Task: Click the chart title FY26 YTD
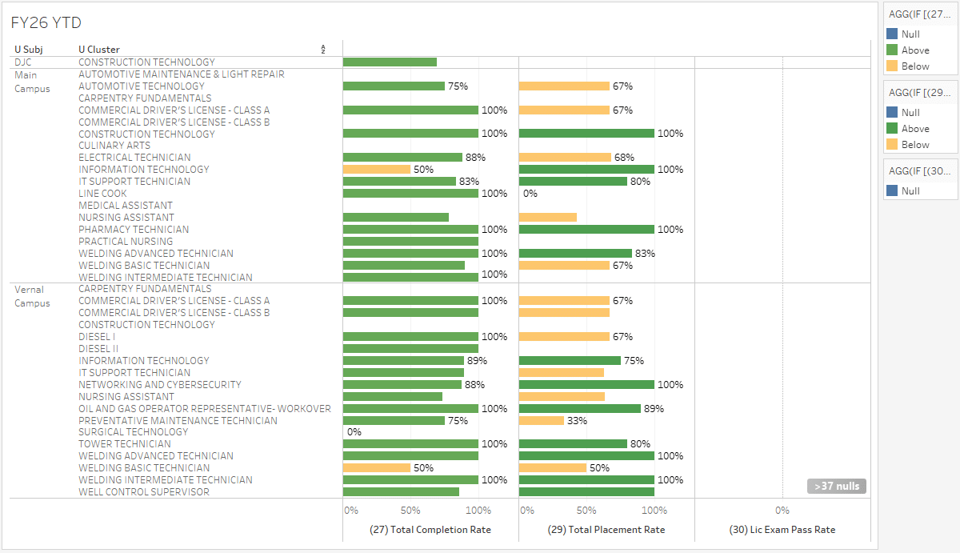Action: coord(46,23)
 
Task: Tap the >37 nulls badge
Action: coord(836,486)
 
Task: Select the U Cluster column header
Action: coord(99,50)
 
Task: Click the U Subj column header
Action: coord(28,50)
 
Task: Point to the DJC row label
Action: coord(23,62)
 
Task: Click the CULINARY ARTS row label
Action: coord(114,146)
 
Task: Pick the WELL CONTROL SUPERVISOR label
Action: coord(144,492)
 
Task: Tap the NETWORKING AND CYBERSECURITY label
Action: coord(160,385)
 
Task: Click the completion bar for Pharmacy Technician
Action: coord(410,230)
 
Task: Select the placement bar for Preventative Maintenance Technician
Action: coord(542,421)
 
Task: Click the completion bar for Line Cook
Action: coord(410,194)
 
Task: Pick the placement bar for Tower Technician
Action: coord(573,444)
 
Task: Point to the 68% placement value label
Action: coord(624,158)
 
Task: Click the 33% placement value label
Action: coord(577,421)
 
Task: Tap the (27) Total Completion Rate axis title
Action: coord(430,530)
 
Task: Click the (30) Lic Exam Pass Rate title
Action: coord(782,530)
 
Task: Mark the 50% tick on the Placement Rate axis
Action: coord(586,511)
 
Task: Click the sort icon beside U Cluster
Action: coord(323,50)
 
